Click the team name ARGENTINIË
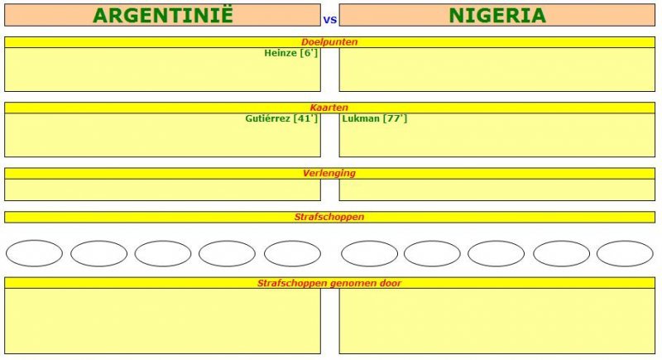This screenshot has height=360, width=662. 163,15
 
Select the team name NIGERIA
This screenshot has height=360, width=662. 497,15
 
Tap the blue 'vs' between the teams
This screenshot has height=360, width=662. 330,17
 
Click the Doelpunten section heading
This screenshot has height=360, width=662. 329,41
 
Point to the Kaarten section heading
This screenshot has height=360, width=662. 329,108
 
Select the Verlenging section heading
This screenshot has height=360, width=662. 329,173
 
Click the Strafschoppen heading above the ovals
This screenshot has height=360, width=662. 329,217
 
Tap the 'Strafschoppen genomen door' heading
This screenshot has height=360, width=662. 329,283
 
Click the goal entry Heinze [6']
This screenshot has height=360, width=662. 290,53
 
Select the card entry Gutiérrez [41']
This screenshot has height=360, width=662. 281,118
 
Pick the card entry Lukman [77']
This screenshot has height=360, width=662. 375,118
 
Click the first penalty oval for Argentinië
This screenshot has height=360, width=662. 34,253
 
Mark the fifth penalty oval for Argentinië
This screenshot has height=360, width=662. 292,253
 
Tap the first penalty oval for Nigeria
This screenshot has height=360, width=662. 369,253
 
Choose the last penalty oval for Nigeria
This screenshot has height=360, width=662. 625,253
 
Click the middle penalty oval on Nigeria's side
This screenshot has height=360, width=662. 496,253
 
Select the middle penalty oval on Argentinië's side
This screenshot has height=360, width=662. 163,253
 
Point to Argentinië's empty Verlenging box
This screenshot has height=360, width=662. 162,190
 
